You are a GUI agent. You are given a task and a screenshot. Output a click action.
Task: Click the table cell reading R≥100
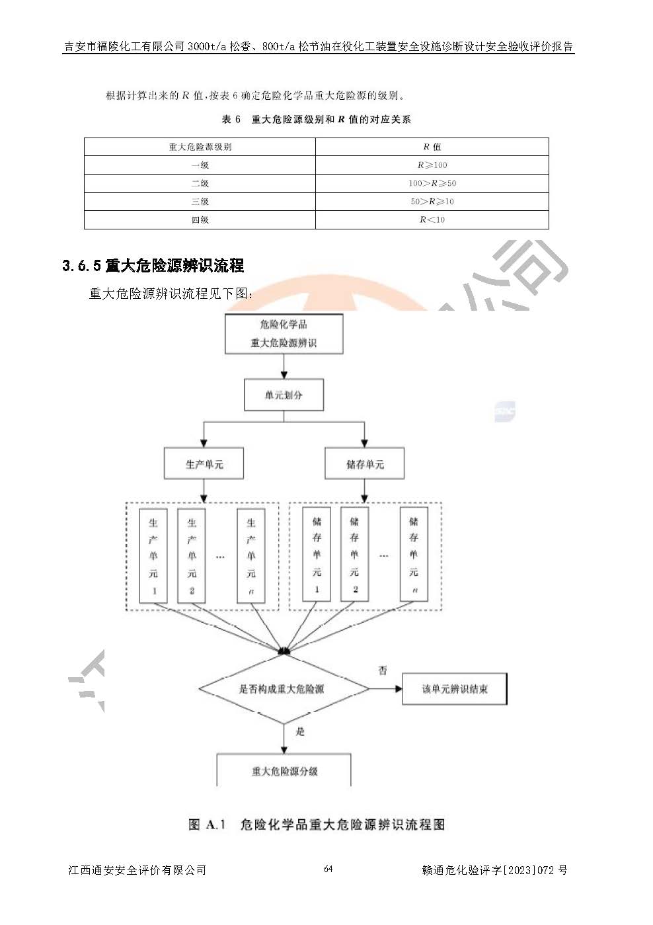click(432, 165)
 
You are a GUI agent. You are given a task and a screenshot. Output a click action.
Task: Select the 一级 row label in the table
click(200, 165)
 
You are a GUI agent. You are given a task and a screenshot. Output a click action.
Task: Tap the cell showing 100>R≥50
click(432, 183)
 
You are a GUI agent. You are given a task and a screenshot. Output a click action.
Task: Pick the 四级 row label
click(200, 220)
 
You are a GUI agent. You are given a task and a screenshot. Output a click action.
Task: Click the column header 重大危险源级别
click(200, 147)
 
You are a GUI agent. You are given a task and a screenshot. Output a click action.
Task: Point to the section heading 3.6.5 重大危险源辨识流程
click(153, 266)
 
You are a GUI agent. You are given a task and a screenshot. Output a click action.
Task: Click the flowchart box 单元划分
click(284, 395)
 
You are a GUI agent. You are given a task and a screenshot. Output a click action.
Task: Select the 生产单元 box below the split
click(204, 464)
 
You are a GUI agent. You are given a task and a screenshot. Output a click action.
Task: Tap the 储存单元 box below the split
click(364, 464)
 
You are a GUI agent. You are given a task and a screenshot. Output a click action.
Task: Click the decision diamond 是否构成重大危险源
click(283, 689)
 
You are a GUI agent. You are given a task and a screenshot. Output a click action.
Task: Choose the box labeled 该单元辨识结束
click(455, 689)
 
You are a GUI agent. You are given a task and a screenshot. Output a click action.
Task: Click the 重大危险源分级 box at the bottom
click(284, 771)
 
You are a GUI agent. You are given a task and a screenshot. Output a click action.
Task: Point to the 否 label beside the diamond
click(382, 670)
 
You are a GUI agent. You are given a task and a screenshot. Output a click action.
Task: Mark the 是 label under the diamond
click(301, 731)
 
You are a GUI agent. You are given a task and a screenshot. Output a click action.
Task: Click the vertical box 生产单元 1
click(153, 555)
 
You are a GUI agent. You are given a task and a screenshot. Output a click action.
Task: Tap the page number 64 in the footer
click(328, 869)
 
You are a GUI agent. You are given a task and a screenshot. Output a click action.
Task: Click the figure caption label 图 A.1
click(207, 824)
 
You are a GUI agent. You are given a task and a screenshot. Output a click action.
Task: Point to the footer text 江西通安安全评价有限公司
click(137, 870)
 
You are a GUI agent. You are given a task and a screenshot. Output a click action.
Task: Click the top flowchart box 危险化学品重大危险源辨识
click(284, 334)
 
